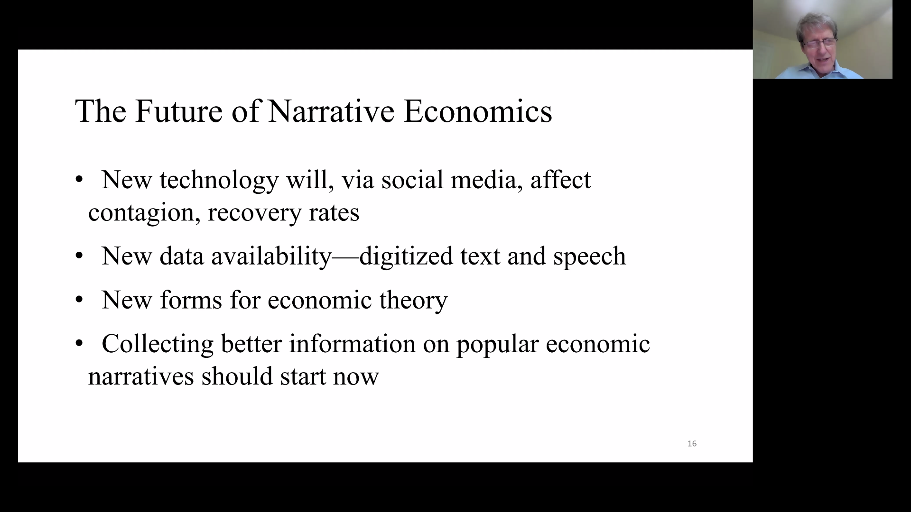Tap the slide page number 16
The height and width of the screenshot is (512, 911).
tap(692, 444)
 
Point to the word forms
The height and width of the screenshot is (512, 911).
tap(191, 300)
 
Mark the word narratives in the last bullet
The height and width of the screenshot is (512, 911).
tap(141, 376)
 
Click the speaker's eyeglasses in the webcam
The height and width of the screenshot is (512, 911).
tap(819, 43)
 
